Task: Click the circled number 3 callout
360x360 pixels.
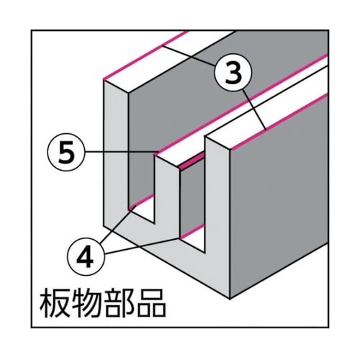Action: click(x=233, y=71)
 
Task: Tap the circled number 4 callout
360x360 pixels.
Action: click(x=86, y=256)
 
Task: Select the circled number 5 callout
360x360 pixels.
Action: click(x=66, y=152)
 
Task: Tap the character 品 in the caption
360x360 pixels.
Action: click(x=150, y=304)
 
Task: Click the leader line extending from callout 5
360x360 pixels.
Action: click(x=121, y=152)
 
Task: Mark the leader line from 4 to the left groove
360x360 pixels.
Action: click(x=114, y=225)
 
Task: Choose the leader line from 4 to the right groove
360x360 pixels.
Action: click(x=143, y=246)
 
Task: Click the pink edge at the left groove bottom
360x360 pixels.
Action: click(x=142, y=201)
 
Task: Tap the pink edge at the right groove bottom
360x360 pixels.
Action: click(x=192, y=231)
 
